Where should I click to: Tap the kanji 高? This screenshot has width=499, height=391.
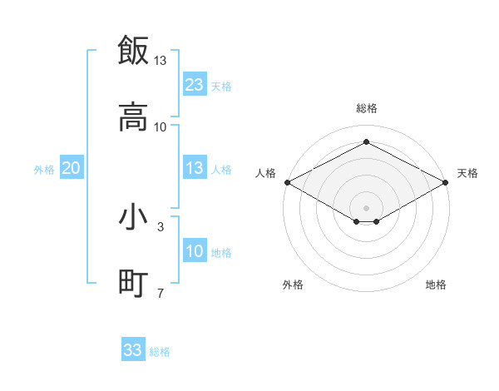[133, 117]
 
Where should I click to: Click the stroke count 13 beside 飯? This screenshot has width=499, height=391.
[161, 61]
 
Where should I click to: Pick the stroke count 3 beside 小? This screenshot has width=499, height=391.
[161, 226]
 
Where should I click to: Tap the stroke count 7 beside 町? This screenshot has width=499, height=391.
[161, 293]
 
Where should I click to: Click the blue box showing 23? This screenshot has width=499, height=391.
[195, 85]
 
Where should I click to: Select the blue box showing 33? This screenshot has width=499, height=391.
[133, 350]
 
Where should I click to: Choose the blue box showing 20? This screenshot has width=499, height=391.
[72, 169]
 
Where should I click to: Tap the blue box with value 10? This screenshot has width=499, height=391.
[195, 251]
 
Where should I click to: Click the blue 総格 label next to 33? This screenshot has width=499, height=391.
[160, 352]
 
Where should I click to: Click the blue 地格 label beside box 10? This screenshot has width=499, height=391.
[221, 253]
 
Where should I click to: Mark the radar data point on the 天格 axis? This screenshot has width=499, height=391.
[447, 182]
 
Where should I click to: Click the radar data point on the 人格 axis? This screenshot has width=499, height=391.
[286, 182]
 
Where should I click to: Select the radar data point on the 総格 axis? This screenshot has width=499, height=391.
[366, 142]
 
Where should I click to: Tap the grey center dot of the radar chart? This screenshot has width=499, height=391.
[366, 206]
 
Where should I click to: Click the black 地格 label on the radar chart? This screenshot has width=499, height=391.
[436, 285]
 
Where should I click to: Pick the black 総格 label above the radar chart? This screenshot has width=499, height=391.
[367, 109]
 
